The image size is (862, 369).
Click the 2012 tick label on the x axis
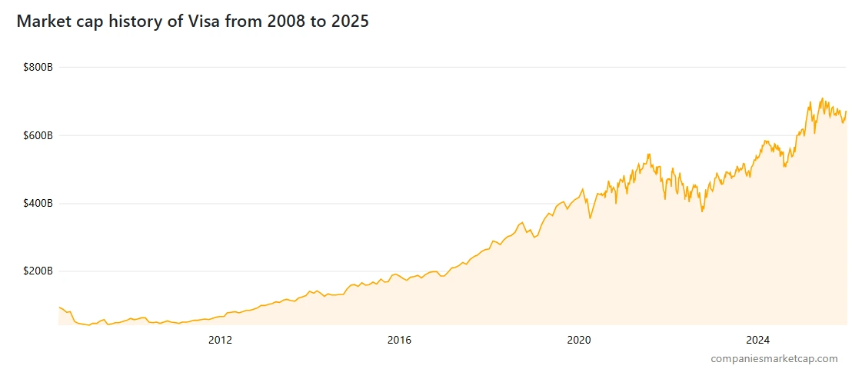pos(220,339)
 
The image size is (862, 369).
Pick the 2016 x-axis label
pos(399,339)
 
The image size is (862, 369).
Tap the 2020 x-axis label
pos(578,339)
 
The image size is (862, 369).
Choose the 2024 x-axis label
pos(758,339)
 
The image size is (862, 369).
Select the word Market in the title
pos(43,22)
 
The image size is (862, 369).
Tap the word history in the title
pos(134,22)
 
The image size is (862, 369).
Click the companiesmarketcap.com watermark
pos(774,358)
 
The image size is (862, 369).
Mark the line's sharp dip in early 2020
pos(590,218)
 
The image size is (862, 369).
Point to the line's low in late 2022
pos(701,211)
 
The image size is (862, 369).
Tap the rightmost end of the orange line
pos(846,111)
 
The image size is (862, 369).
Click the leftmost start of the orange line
pos(59,307)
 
